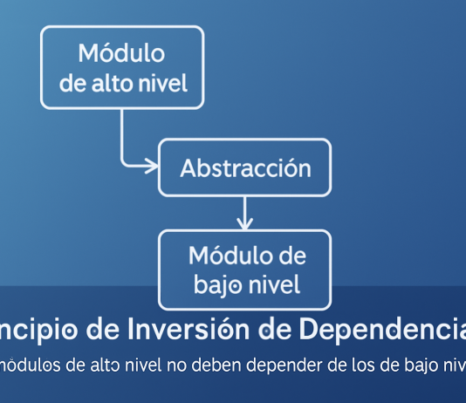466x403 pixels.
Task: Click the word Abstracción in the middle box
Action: pyautogui.click(x=245, y=167)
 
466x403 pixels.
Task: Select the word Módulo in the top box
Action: pyautogui.click(x=121, y=53)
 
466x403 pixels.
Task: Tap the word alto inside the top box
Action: pyautogui.click(x=122, y=85)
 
